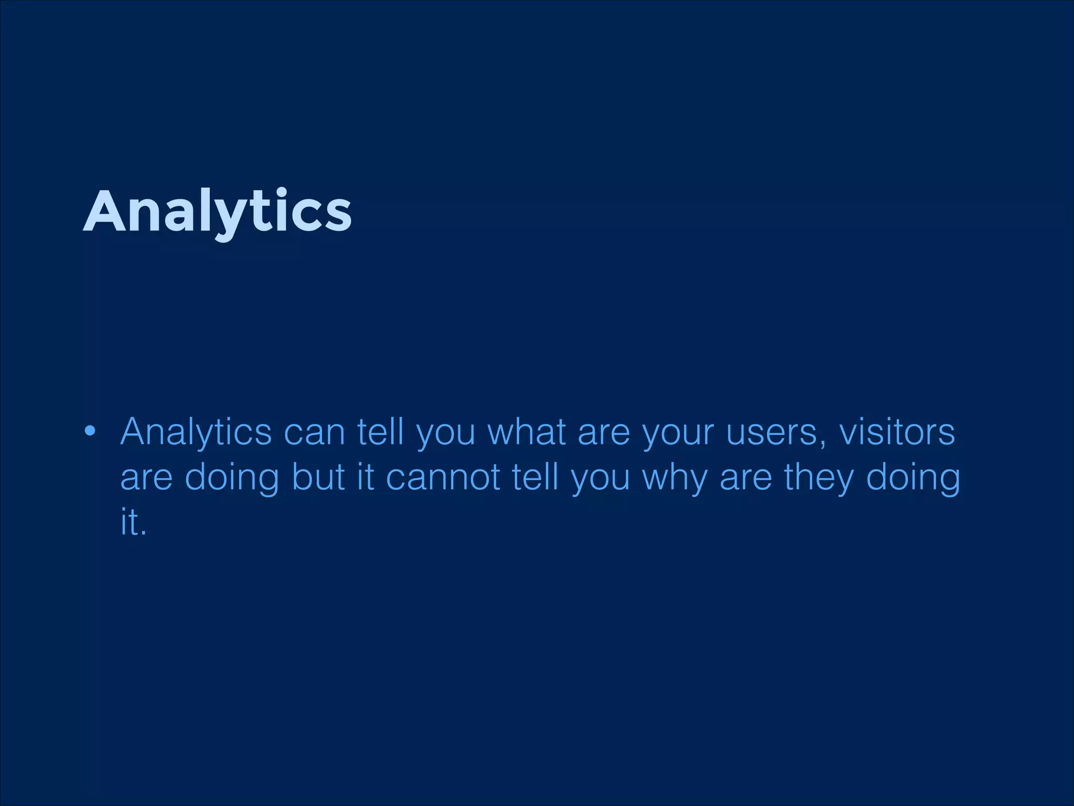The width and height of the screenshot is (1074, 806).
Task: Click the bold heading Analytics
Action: (217, 211)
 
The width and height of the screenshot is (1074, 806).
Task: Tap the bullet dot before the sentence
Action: (90, 431)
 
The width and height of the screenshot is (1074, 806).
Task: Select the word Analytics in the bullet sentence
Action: (196, 432)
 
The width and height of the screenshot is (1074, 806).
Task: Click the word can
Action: (314, 432)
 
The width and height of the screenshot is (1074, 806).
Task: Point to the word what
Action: (527, 432)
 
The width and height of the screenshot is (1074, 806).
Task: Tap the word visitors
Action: (897, 432)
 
